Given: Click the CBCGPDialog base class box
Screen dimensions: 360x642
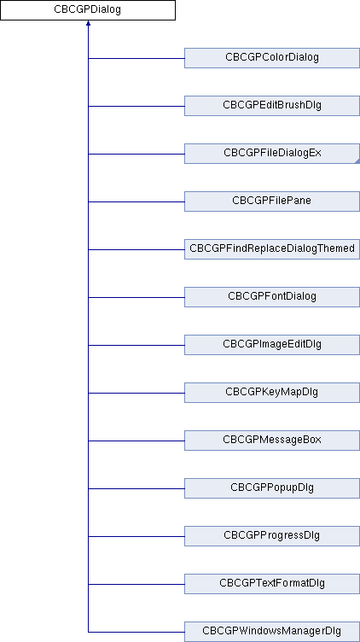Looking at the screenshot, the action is [88, 10].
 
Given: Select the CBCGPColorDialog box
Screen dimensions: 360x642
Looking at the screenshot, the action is [272, 58].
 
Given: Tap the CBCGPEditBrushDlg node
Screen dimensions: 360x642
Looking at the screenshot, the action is [272, 106].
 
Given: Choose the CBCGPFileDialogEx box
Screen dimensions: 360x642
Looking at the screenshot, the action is [272, 154].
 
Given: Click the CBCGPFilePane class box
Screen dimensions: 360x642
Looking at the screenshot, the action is [272, 201].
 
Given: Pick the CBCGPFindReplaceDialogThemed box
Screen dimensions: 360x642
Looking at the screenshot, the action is [272, 249].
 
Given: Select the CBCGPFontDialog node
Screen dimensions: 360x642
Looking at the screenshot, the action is [272, 297].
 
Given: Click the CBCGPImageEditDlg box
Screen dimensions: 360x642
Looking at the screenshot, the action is [272, 345].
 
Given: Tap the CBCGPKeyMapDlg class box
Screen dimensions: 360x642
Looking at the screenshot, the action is [272, 393].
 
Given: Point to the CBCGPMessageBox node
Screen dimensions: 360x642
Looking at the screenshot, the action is [272, 441].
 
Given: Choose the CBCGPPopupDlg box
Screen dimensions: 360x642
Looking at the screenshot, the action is [272, 488].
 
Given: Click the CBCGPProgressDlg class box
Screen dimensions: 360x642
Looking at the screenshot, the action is [272, 536].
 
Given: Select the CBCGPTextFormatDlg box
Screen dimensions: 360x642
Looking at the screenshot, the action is [272, 584].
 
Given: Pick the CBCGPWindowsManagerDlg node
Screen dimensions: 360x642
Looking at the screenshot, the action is [272, 632].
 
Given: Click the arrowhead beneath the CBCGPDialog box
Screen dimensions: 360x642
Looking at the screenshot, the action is [88, 23].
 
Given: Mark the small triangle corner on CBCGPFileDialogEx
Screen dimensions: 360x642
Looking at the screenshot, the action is [357, 161].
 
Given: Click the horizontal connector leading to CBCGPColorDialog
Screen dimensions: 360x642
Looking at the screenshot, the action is [136, 58].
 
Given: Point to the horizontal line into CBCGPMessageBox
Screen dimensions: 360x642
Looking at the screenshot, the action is [136, 441].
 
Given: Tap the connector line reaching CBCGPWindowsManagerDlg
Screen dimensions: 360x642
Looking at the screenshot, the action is [136, 632].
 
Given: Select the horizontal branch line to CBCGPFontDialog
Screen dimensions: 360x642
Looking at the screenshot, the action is [136, 297].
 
